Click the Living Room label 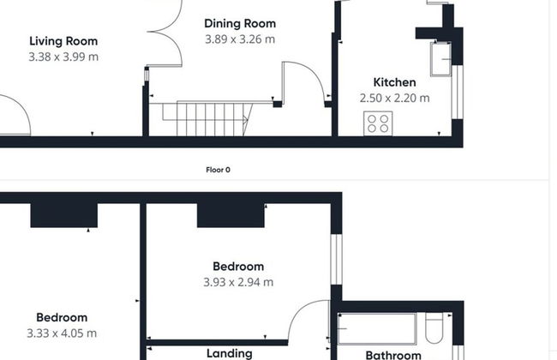tap(63, 41)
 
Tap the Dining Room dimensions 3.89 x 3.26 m tap(240, 39)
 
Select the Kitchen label tap(395, 82)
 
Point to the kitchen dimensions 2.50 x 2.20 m tap(395, 98)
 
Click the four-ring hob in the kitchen tap(378, 123)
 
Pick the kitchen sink tap(440, 59)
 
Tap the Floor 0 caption tap(219, 170)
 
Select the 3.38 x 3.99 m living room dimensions tap(63, 57)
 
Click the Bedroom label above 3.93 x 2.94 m tap(238, 267)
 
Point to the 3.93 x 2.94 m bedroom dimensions tap(238, 282)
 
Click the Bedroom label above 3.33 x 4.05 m tap(62, 318)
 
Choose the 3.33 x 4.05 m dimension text tap(62, 333)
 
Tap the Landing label tap(230, 354)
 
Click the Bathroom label tap(393, 355)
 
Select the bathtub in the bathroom tap(377, 329)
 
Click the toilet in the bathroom tap(434, 327)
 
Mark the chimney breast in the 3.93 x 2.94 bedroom tap(231, 215)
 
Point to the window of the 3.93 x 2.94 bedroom tap(337, 259)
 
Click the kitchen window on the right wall tap(458, 92)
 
